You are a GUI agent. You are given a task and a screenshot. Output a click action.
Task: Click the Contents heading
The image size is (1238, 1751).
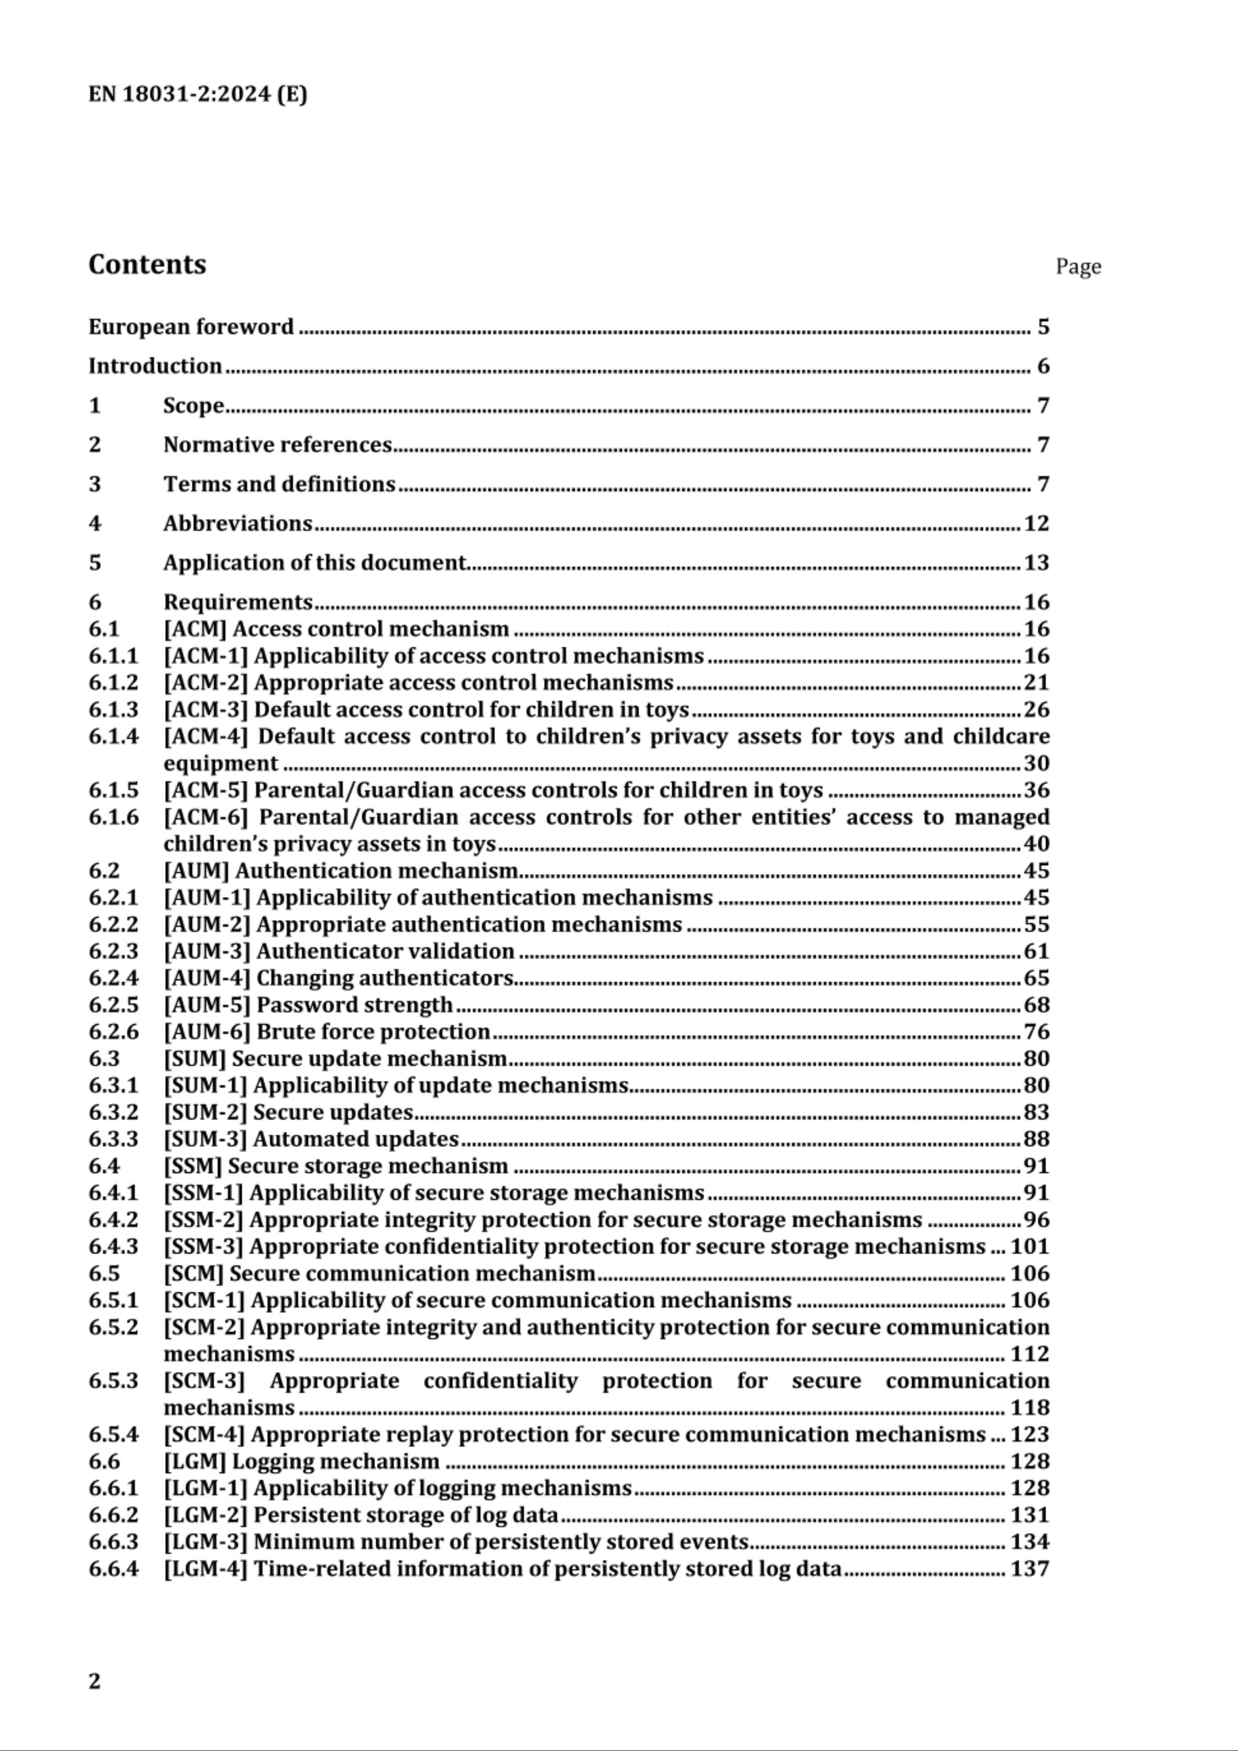(x=147, y=264)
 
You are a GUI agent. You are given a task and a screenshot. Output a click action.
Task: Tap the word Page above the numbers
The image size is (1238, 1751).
(x=1078, y=267)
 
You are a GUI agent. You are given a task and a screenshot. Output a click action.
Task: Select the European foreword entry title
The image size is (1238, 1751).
(x=191, y=327)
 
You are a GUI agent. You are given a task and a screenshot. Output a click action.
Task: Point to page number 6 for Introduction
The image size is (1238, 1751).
(x=1043, y=367)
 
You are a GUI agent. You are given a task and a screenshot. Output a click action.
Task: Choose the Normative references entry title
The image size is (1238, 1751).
(x=277, y=445)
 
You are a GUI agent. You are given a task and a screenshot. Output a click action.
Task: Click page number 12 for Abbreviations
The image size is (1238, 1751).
(x=1036, y=523)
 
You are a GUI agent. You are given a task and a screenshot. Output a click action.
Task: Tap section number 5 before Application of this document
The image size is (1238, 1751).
(x=95, y=563)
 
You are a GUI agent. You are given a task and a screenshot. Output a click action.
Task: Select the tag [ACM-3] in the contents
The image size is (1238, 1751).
(x=206, y=710)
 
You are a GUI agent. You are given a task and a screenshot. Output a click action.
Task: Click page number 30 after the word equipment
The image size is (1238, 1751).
(x=1036, y=764)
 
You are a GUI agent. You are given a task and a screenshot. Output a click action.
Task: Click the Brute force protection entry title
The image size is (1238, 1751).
(x=373, y=1032)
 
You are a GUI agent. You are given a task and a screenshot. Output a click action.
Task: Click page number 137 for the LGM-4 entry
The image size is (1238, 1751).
(x=1030, y=1569)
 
